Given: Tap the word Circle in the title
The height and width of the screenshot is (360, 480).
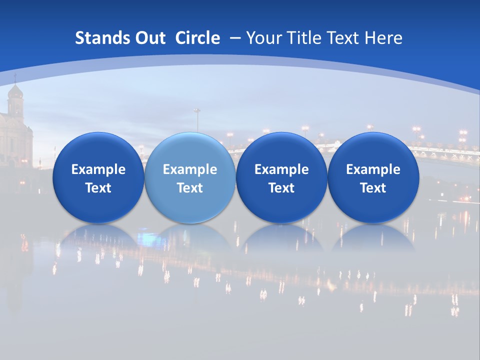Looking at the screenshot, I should (197, 38).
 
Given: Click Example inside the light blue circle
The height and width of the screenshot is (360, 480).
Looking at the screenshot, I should (190, 169).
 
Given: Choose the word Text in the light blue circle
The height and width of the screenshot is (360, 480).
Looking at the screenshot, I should (190, 188).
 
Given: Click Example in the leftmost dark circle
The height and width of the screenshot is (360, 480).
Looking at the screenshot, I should (98, 169).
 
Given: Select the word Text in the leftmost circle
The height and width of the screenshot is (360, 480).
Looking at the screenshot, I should (98, 188).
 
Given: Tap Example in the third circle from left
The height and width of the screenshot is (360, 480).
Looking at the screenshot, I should (281, 169).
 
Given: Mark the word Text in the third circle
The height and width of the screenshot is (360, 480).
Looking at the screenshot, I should (281, 188).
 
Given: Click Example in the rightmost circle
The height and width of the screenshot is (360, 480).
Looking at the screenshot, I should (373, 169).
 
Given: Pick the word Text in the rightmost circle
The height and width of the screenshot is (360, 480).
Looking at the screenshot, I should (373, 188).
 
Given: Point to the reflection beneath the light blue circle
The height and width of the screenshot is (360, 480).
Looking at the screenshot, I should (190, 237).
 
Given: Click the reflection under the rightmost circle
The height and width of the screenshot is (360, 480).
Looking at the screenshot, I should (373, 237).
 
